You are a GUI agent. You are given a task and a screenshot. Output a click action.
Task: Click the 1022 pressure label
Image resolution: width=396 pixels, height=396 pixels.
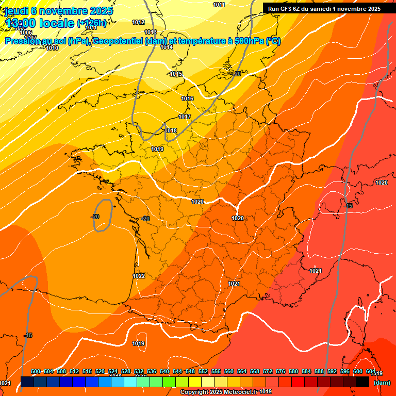point(139,276)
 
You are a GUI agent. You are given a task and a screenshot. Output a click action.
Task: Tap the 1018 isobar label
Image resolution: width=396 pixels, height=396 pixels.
point(171,131)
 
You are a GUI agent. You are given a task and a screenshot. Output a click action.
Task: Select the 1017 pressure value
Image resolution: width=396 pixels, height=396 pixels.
point(185,117)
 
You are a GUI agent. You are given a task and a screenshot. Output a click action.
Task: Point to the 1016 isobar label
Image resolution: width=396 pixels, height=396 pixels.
point(187,98)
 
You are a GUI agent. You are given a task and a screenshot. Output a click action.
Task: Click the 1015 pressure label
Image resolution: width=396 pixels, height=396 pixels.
point(176,74)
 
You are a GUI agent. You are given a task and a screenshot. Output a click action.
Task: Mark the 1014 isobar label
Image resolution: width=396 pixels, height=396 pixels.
point(167,47)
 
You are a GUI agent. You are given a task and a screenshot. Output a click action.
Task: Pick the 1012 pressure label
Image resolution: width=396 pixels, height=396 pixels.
point(138,22)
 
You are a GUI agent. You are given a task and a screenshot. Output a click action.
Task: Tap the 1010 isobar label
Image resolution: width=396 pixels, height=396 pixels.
point(52,48)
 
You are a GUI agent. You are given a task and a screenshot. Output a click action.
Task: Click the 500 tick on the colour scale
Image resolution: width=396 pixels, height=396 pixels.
point(36,372)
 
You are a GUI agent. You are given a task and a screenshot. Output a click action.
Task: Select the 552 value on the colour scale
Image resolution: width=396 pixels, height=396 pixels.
point(203,372)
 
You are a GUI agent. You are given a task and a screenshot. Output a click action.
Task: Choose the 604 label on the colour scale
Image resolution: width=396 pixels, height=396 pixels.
point(371,372)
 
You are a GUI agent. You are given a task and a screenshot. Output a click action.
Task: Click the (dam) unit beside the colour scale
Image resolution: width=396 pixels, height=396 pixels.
point(382,383)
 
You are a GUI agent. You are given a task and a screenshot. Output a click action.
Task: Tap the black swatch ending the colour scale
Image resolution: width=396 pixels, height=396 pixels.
point(362,382)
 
